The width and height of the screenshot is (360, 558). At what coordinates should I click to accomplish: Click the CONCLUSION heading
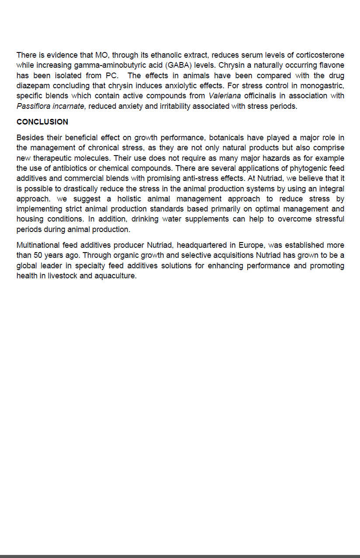click(42, 122)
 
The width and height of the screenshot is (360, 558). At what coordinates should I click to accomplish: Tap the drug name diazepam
click(32, 86)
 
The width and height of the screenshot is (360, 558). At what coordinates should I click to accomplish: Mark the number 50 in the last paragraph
click(38, 255)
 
